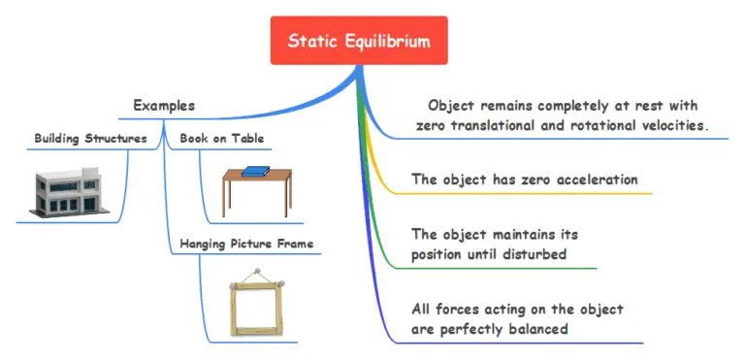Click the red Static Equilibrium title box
point(359,41)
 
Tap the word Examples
point(164,105)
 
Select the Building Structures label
point(90,138)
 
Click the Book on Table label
point(222,138)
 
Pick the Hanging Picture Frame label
point(246,244)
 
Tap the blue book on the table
point(255,173)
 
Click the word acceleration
point(596,180)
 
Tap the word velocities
point(669,126)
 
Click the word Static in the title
point(310,41)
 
